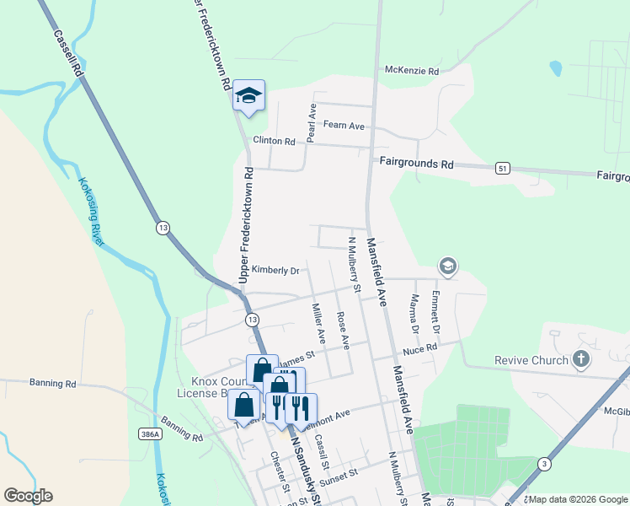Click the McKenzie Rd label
[x=411, y=72]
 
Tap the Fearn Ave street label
[x=344, y=126]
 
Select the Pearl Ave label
[x=312, y=123]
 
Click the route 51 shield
[x=503, y=169]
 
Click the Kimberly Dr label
[x=275, y=271]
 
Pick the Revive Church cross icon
[x=580, y=360]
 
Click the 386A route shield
[x=147, y=433]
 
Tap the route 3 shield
[x=545, y=463]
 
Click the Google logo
[x=28, y=496]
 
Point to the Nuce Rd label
[x=420, y=347]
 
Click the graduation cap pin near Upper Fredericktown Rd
[x=248, y=95]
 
